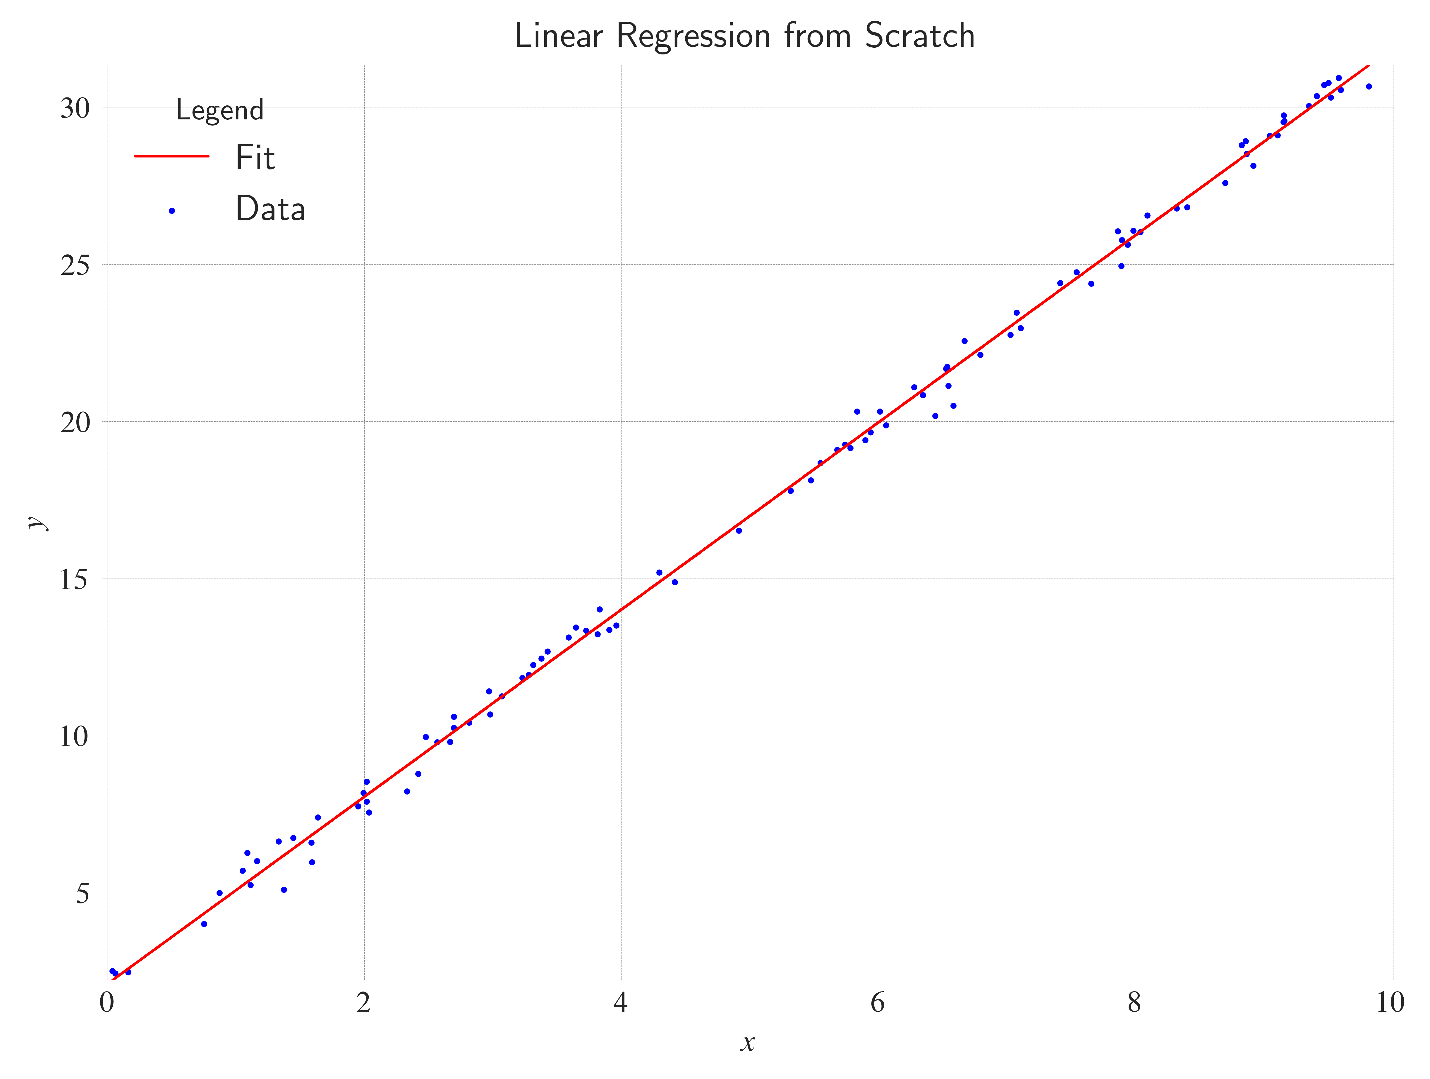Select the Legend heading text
pos(220,111)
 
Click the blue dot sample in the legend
pos(172,211)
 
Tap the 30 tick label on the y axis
pos(75,109)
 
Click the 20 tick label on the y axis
pos(75,423)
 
